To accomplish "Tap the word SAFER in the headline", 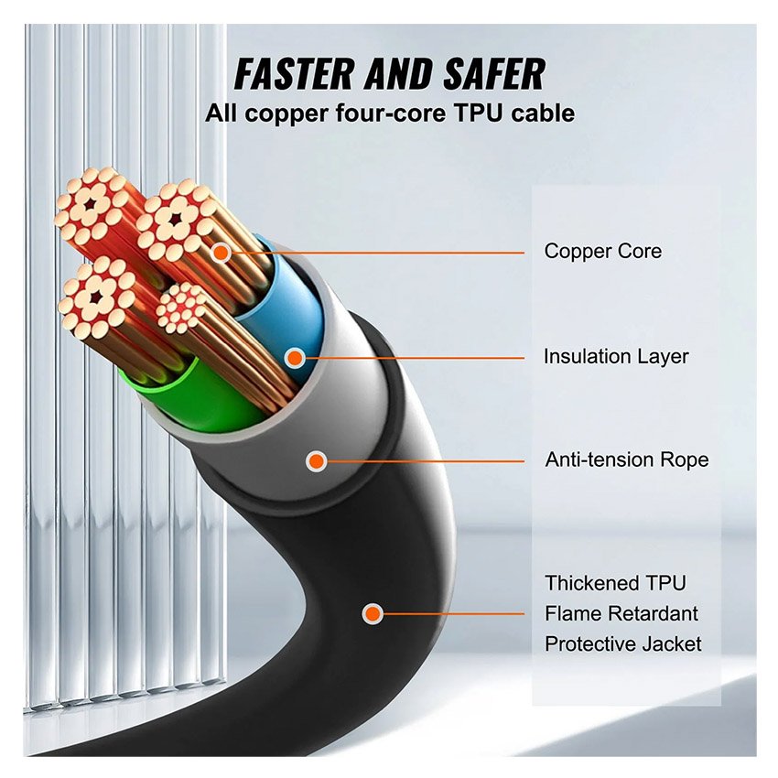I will [x=484, y=73].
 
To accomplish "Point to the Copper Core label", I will [x=602, y=251].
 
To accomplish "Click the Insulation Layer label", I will [x=615, y=356].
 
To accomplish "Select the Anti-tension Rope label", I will [x=626, y=459].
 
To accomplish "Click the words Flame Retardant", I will [x=621, y=613].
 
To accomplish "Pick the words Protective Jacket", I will [x=622, y=643].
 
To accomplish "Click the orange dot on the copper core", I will [x=221, y=250].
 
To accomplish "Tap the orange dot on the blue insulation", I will [x=295, y=356].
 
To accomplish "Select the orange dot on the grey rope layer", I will [x=316, y=460].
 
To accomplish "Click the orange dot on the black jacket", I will [x=371, y=613].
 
